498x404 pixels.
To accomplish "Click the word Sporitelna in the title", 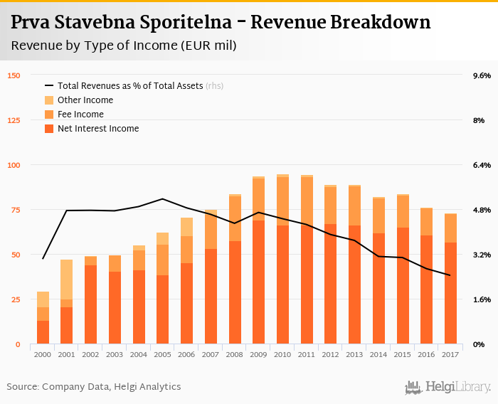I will pyautogui.click(x=164, y=22).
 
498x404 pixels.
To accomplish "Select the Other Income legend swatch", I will pyautogui.click(x=49, y=100).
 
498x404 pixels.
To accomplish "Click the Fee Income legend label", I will pyautogui.click(x=80, y=115).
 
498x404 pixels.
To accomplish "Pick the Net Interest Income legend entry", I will pyautogui.click(x=97, y=129).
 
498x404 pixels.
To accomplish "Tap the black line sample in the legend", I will pyautogui.click(x=49, y=86).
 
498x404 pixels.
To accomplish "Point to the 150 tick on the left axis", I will pyautogui.click(x=14, y=75).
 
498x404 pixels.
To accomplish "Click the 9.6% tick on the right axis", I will pyautogui.click(x=482, y=75).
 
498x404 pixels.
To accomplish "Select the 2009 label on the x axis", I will pyautogui.click(x=259, y=355).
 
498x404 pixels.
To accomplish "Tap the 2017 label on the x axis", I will pyautogui.click(x=450, y=355).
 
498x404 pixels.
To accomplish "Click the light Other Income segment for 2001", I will pyautogui.click(x=67, y=280).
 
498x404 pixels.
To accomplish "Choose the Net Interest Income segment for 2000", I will pyautogui.click(x=43, y=332).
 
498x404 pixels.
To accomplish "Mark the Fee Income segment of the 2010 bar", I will pyautogui.click(x=283, y=201).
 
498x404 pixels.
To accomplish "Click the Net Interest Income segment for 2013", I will pyautogui.click(x=354, y=285).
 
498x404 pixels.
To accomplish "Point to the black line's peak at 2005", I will pyautogui.click(x=163, y=198).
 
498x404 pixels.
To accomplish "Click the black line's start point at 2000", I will pyautogui.click(x=43, y=259).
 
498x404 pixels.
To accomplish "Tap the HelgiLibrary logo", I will pyautogui.click(x=447, y=387).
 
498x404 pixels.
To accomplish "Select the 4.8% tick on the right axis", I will pyautogui.click(x=482, y=210).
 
